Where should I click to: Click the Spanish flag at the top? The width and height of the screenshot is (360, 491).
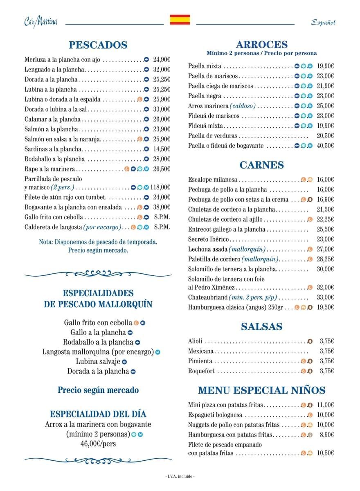[180, 20]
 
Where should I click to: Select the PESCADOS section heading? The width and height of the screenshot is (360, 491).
[98, 45]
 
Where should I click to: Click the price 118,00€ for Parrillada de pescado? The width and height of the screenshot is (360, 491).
[160, 187]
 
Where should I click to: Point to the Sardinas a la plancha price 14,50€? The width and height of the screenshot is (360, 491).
[162, 149]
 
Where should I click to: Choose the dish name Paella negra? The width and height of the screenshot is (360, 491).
[205, 96]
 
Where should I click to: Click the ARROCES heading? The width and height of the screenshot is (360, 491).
[262, 45]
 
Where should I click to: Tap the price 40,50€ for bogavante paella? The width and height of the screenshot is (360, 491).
[325, 146]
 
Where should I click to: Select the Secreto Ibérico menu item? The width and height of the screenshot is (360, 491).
[209, 239]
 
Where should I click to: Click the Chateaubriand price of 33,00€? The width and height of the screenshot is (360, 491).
[325, 297]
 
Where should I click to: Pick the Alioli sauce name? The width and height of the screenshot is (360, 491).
[195, 341]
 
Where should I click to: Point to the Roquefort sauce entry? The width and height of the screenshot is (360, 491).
[201, 371]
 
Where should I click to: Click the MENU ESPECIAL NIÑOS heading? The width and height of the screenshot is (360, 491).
[262, 390]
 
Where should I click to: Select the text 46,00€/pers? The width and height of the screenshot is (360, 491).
[98, 443]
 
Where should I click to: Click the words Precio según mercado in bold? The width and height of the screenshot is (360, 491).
[98, 390]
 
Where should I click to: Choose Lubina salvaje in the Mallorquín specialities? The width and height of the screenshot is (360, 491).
[98, 361]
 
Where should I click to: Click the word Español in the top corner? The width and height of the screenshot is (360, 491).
[323, 23]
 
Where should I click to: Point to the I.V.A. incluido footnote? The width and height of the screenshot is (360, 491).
[180, 477]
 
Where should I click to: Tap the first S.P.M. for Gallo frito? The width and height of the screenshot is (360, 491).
[162, 217]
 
